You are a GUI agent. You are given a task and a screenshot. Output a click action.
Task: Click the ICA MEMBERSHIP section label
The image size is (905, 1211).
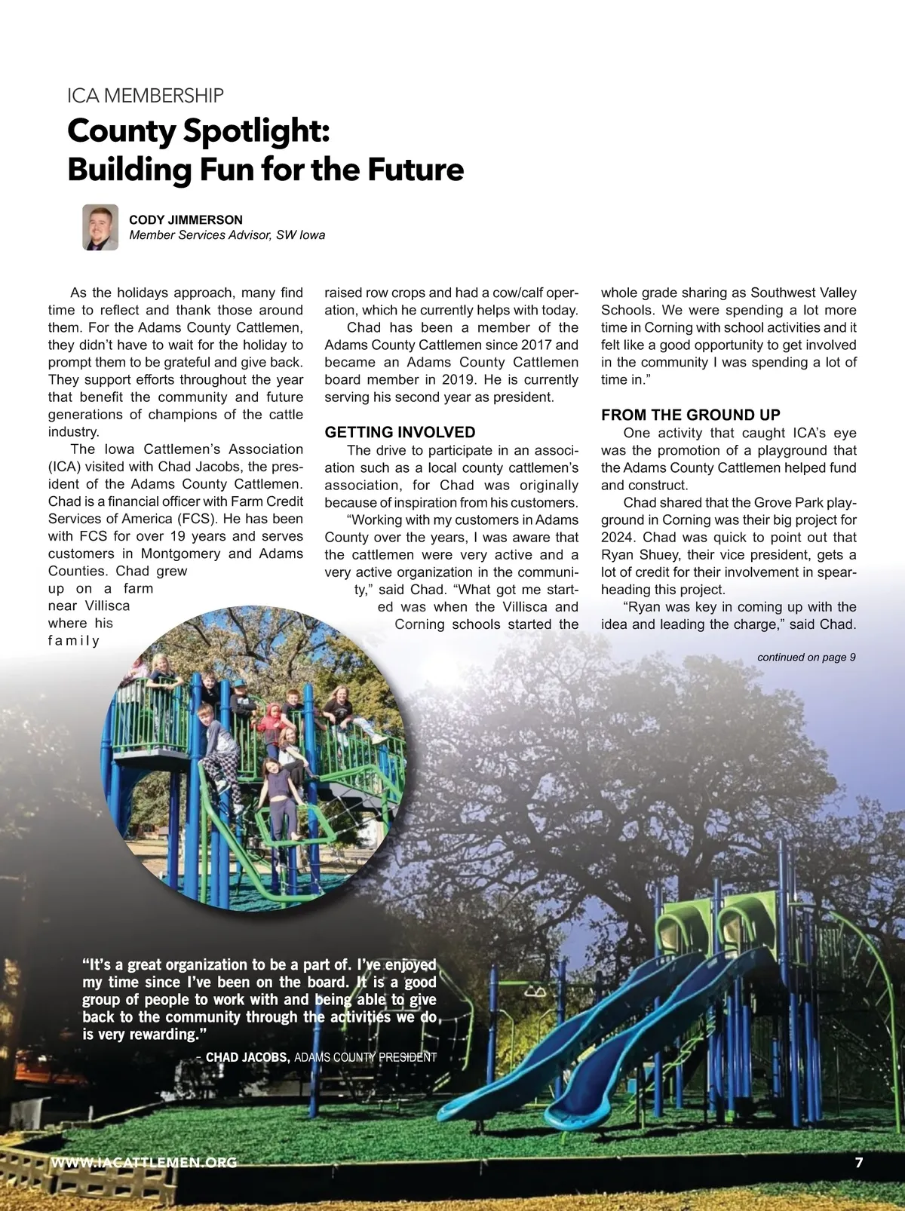(146, 96)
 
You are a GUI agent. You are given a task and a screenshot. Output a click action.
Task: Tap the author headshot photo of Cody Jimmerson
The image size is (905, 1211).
(100, 227)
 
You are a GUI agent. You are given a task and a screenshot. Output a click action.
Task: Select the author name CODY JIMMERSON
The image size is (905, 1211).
(186, 219)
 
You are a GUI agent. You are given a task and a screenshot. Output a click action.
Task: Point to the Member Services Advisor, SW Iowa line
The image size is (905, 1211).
(227, 235)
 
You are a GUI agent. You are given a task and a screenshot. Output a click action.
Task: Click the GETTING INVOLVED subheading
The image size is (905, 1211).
(400, 432)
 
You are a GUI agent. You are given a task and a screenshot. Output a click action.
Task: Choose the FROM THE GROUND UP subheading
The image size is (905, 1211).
(690, 415)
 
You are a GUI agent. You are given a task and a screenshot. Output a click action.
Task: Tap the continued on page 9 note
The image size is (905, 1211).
(806, 658)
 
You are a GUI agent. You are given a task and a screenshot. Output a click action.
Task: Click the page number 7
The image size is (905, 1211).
(859, 1162)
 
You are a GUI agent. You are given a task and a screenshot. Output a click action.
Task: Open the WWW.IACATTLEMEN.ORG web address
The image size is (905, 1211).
(143, 1162)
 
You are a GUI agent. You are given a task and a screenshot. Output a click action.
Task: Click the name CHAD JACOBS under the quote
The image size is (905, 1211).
(247, 1057)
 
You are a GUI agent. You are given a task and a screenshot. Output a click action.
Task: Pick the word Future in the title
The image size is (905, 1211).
(416, 170)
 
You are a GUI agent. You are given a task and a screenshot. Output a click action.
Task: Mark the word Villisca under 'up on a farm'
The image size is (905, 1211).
(107, 605)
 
